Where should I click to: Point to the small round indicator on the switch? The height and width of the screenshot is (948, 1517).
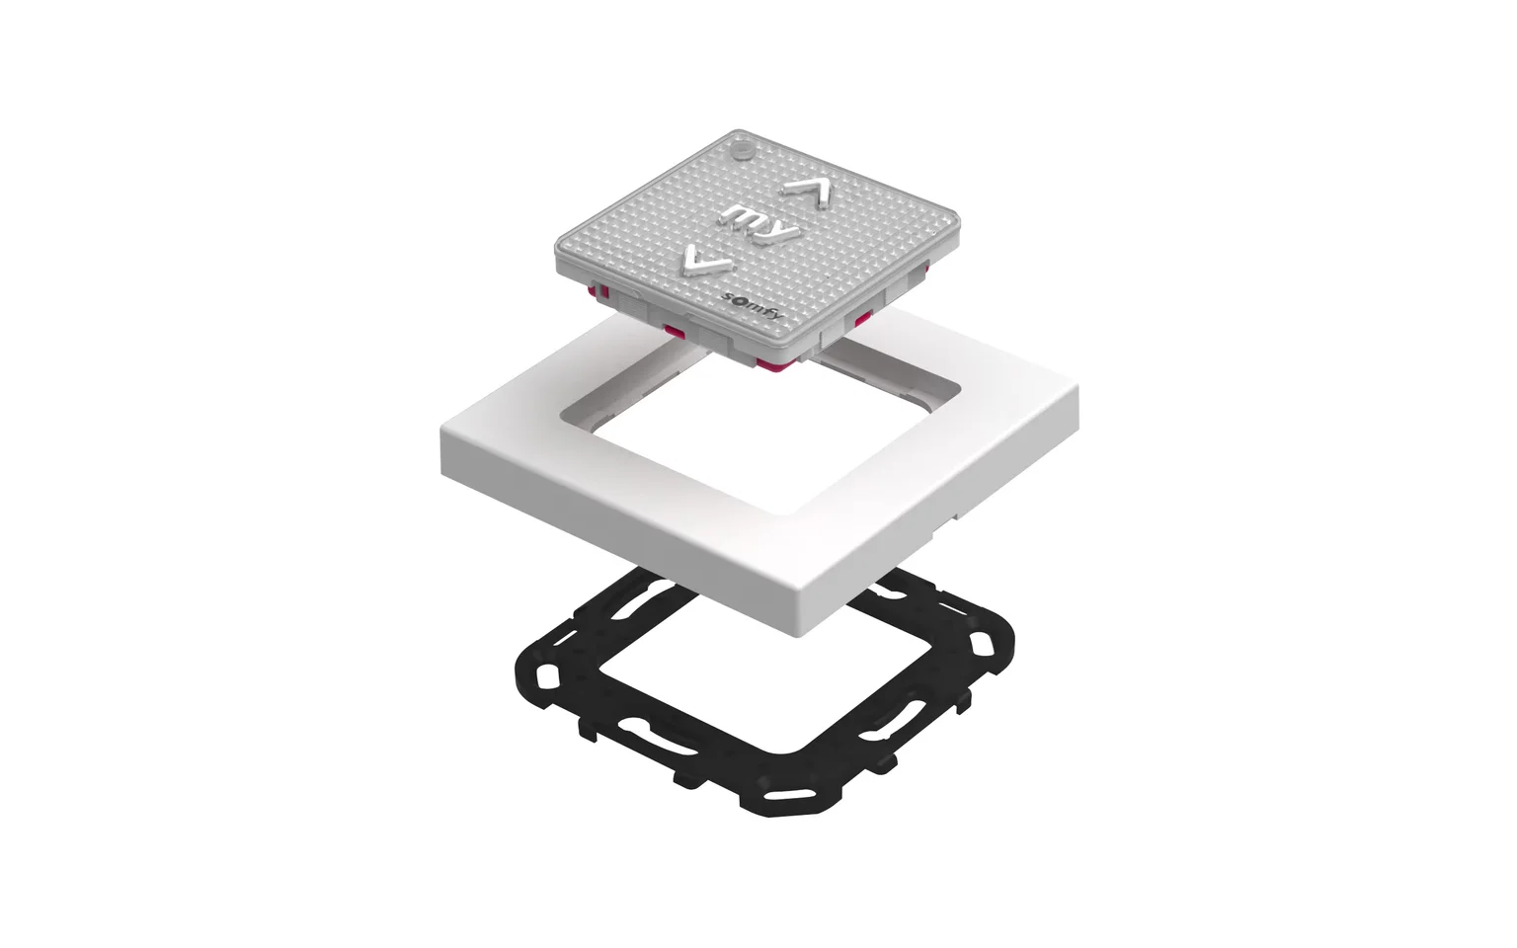[743, 150]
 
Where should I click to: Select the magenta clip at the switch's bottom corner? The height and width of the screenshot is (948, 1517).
[773, 365]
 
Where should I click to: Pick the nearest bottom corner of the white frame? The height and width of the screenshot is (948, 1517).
[807, 634]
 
